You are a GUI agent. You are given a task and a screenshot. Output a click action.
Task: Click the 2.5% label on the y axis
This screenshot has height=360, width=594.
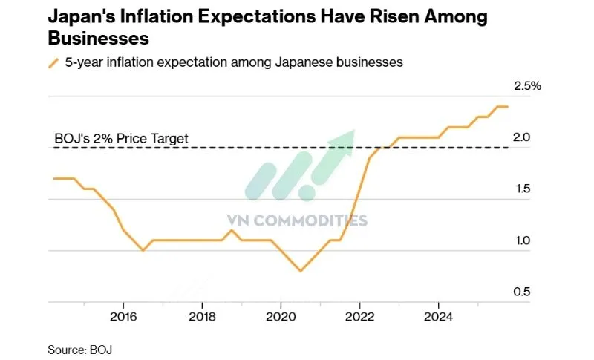coord(528,86)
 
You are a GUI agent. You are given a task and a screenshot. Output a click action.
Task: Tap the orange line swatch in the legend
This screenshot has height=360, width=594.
coord(53,63)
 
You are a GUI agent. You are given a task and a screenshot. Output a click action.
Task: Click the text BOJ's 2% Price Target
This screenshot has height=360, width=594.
coord(122,138)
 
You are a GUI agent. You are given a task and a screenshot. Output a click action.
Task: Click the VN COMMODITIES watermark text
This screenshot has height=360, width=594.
coord(297,220)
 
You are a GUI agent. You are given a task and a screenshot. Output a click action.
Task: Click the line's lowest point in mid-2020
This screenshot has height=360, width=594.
coord(300,271)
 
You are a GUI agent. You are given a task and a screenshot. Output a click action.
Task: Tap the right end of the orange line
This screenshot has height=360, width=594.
coord(508,107)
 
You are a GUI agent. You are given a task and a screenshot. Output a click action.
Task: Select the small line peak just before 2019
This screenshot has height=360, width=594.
coord(232,230)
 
